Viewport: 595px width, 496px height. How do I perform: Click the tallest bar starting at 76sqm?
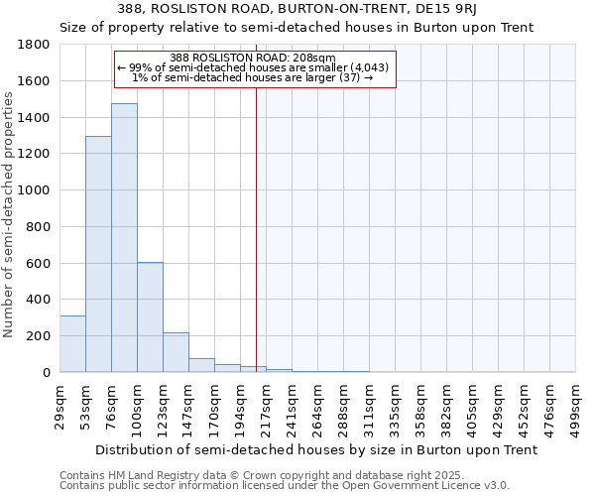pos(124,238)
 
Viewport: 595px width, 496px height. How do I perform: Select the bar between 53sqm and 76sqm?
pos(98,254)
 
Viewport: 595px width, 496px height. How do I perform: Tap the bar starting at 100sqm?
pos(150,317)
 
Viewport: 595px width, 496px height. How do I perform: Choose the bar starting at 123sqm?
pos(176,353)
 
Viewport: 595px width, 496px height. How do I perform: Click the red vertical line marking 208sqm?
pos(256,218)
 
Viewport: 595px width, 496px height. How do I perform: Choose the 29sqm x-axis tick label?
pos(59,405)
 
